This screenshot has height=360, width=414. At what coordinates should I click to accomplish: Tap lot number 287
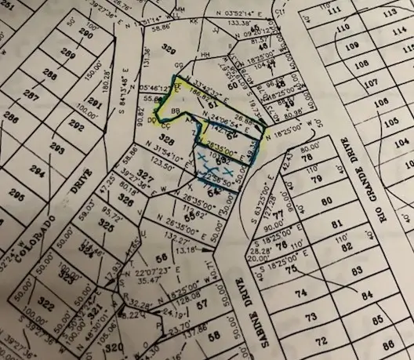[x=32, y=95]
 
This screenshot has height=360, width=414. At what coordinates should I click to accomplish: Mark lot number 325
[x=106, y=224]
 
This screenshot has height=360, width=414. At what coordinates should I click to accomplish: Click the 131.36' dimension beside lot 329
[x=145, y=69]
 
